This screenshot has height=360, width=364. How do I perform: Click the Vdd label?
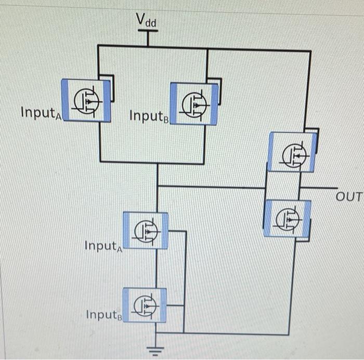pos(146,20)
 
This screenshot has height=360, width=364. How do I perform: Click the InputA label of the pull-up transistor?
pos(42,113)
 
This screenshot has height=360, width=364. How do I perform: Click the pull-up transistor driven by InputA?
pos(86,100)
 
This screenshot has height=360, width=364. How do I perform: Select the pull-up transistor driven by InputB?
pos(194,104)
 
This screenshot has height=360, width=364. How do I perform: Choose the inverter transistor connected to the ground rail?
pos(288,218)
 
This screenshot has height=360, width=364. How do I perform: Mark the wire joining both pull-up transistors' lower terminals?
pos(151,163)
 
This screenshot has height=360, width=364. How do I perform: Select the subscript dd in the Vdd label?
pos(152,22)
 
